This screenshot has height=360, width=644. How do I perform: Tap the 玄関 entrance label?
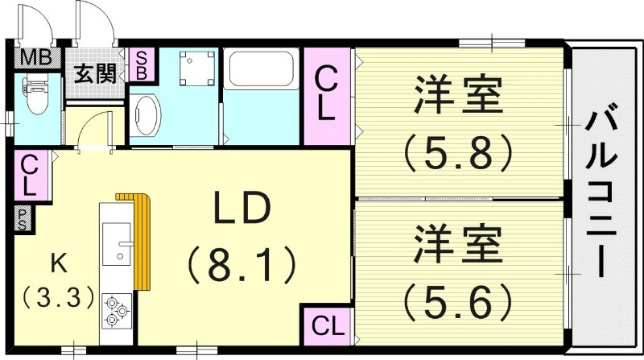[95, 75]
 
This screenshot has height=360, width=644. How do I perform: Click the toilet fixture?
[35, 97]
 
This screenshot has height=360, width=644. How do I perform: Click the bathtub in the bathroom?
[262, 71]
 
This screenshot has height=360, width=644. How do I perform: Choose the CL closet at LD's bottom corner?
[326, 326]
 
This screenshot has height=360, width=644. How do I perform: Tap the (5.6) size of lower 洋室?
[458, 300]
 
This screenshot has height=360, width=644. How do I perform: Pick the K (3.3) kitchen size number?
[56, 297]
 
